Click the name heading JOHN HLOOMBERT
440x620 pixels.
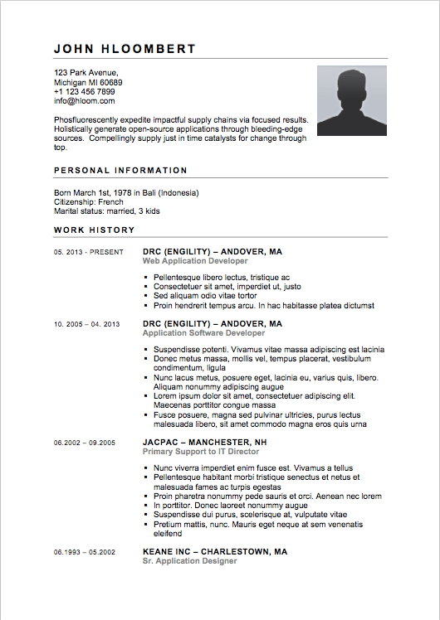[125, 49]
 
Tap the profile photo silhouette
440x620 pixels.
[352, 100]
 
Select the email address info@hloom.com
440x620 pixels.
[85, 101]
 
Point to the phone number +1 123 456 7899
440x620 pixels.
[85, 92]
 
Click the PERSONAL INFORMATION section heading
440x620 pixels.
[120, 171]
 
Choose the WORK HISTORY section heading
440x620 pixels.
[94, 230]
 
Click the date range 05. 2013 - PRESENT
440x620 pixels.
[89, 252]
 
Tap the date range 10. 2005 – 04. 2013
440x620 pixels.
[87, 324]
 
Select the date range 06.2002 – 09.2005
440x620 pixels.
[85, 443]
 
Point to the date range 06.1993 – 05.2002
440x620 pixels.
[85, 551]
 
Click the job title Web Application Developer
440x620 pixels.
[195, 261]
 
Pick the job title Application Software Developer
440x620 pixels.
[203, 333]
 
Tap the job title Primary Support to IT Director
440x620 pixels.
[201, 452]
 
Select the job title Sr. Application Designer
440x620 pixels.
[189, 560]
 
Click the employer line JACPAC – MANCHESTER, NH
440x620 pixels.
[204, 442]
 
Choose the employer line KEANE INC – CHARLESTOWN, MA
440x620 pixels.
[215, 550]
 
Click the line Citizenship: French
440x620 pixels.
[89, 201]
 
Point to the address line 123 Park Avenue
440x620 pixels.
[86, 73]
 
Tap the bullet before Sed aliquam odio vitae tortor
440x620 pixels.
[145, 296]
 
